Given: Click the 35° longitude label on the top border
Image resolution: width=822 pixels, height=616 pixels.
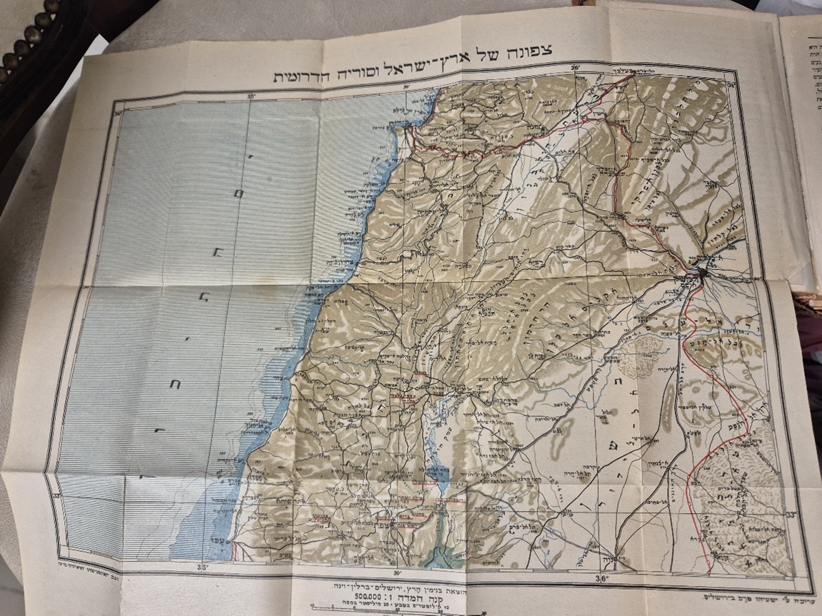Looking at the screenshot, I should (251, 95).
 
